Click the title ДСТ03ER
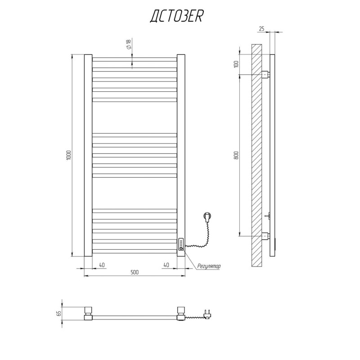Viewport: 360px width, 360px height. (176, 17)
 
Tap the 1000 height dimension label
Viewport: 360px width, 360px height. (69, 155)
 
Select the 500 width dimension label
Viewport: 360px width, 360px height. (135, 272)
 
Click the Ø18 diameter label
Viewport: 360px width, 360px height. (129, 44)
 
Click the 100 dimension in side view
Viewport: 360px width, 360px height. (237, 63)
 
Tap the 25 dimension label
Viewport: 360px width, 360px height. (262, 29)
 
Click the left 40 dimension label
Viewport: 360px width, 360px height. (102, 265)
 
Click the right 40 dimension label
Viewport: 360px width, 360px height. (166, 265)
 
